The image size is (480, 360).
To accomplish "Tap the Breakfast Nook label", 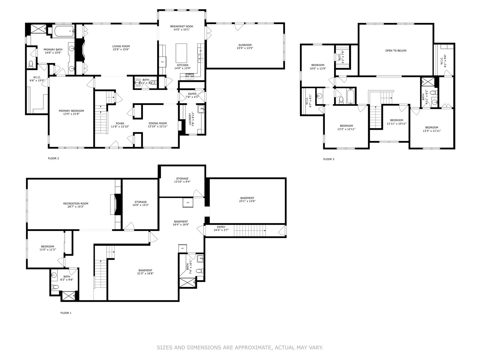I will (181, 26).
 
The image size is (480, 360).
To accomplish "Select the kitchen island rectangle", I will (181, 53).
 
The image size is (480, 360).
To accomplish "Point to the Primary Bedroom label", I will (71, 111).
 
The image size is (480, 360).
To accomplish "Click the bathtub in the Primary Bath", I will (64, 31).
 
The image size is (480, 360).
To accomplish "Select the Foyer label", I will (120, 123).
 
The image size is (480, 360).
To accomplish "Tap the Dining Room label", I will (157, 123).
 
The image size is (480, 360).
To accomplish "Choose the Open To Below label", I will (396, 51).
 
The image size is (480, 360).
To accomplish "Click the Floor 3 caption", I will (328, 159).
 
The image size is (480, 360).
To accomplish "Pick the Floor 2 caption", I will (53, 158).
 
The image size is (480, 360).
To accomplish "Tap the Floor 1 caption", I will (66, 313).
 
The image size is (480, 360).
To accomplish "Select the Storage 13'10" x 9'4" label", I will (182, 178).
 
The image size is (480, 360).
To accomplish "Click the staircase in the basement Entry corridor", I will (249, 231).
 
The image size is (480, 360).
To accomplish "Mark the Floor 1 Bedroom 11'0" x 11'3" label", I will (48, 246).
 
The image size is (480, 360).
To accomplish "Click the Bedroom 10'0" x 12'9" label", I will (317, 65).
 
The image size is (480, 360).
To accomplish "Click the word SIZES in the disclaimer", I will (165, 348).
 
